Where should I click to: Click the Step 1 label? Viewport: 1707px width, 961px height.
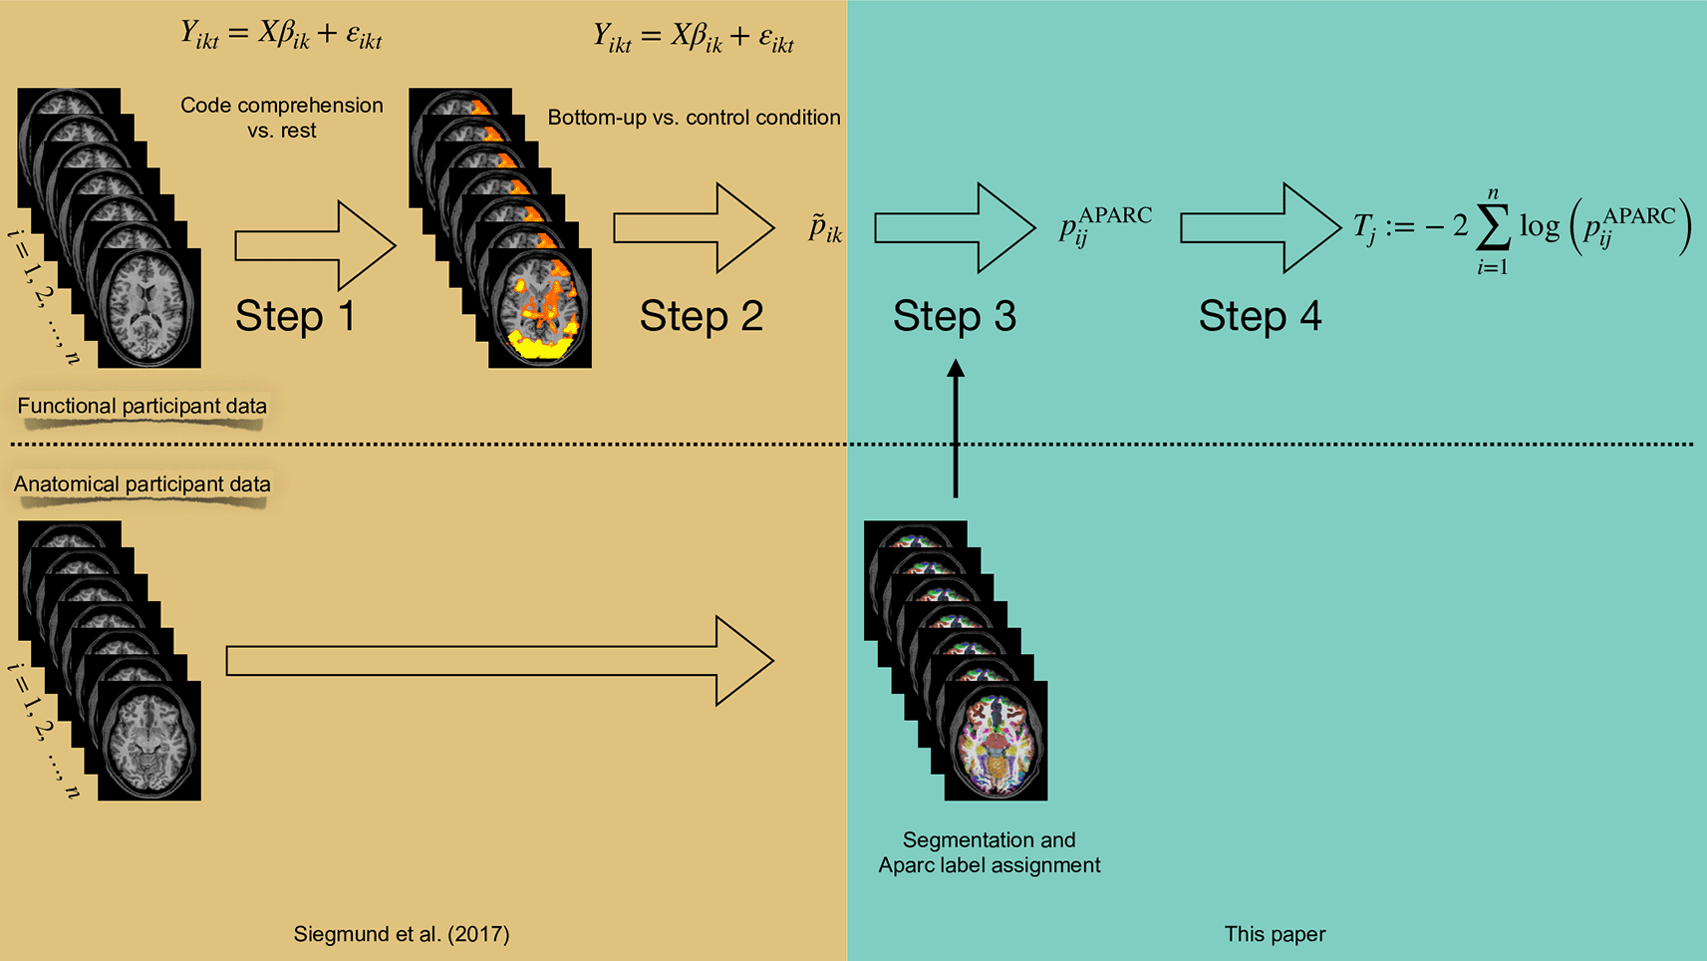click(295, 317)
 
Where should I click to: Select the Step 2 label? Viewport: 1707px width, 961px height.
click(701, 317)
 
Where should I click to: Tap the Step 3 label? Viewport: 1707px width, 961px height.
click(954, 317)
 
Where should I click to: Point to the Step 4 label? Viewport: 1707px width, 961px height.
click(1260, 317)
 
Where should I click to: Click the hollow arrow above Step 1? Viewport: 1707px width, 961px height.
click(315, 245)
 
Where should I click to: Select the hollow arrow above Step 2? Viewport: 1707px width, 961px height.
click(694, 228)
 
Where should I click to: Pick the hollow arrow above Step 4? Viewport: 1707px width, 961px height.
click(1260, 228)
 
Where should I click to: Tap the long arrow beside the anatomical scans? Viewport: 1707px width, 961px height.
click(499, 661)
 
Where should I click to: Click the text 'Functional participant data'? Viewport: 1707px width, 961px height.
click(142, 406)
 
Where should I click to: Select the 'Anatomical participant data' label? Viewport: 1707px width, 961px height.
click(142, 484)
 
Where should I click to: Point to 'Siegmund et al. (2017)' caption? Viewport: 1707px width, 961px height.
click(401, 934)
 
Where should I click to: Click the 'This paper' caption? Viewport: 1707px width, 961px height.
click(1275, 934)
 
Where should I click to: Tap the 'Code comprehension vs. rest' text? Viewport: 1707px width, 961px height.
click(281, 118)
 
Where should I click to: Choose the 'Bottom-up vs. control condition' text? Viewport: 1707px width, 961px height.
click(694, 118)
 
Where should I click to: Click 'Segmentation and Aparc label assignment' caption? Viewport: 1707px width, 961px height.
click(989, 852)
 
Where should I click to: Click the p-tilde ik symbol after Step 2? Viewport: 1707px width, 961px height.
click(825, 229)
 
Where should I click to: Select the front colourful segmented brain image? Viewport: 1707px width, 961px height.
click(996, 742)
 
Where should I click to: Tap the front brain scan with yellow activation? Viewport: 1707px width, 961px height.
click(539, 309)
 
